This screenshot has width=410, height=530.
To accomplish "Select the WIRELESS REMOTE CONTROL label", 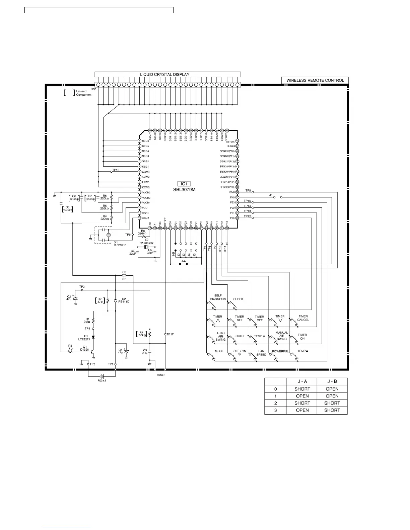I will tap(315, 80).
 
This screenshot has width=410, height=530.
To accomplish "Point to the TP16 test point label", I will tap(116, 170).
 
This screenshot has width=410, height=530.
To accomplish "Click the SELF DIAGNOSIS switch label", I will tap(218, 297).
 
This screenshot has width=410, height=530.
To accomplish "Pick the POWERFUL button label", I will tap(280, 351).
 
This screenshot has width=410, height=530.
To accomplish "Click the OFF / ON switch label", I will tap(240, 351).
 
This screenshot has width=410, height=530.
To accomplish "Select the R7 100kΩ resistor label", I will tap(142, 334).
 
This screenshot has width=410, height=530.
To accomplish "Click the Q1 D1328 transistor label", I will tap(84, 348).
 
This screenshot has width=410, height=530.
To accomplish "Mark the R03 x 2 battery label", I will tap(101, 380).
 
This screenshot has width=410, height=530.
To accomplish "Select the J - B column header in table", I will tap(332, 381).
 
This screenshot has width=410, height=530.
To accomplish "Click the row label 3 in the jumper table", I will tap(275, 410).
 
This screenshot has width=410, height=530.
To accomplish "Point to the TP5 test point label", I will tap(248, 191).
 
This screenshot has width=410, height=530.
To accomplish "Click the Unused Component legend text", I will tap(83, 93).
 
